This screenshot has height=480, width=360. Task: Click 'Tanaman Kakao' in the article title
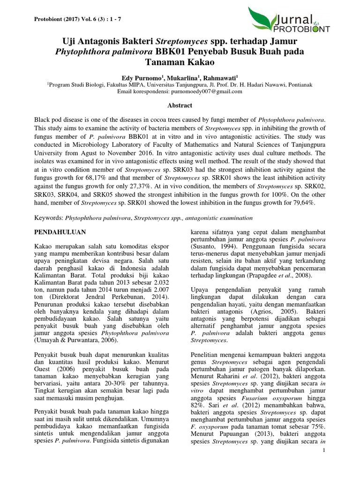pos(180,62)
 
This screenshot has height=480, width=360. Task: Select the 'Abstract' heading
pos(180,106)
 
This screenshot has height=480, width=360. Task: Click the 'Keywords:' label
pos(49,218)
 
